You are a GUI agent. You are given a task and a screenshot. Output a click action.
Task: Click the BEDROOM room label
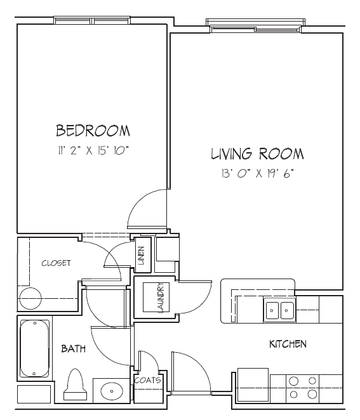(93, 131)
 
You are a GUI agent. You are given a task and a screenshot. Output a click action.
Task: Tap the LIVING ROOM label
(257, 154)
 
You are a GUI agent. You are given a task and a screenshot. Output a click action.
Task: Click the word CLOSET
(57, 263)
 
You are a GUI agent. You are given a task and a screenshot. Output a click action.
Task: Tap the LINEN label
(141, 255)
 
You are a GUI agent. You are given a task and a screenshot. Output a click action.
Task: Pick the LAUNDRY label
(161, 298)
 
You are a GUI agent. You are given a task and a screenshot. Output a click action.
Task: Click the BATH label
(74, 348)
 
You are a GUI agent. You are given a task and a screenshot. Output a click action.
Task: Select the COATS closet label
(148, 381)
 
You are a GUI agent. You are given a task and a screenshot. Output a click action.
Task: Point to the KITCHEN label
(288, 344)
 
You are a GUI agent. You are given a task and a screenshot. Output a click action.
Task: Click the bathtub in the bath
(34, 348)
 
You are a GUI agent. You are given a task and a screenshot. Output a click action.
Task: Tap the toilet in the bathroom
(76, 384)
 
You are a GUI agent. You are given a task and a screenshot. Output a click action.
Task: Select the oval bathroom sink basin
(112, 391)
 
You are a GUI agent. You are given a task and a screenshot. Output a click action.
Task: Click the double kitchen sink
(279, 310)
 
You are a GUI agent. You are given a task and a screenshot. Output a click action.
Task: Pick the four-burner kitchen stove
(303, 388)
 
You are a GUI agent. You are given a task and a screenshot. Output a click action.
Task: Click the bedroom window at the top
(92, 20)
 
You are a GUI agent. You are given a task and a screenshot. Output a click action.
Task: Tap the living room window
(255, 26)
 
